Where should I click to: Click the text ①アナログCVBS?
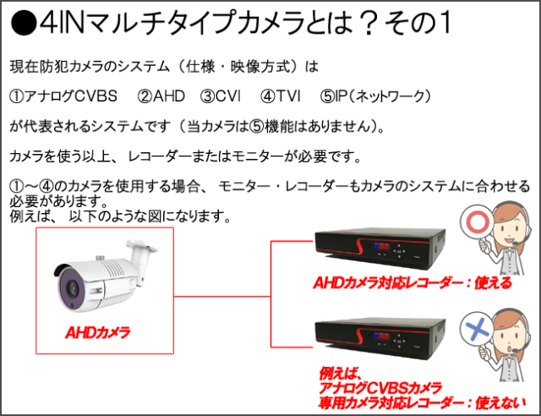coord(63,96)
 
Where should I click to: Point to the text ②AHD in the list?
coord(161,96)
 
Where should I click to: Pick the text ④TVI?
coord(281,96)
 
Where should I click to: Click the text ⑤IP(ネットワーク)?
coord(375,96)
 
